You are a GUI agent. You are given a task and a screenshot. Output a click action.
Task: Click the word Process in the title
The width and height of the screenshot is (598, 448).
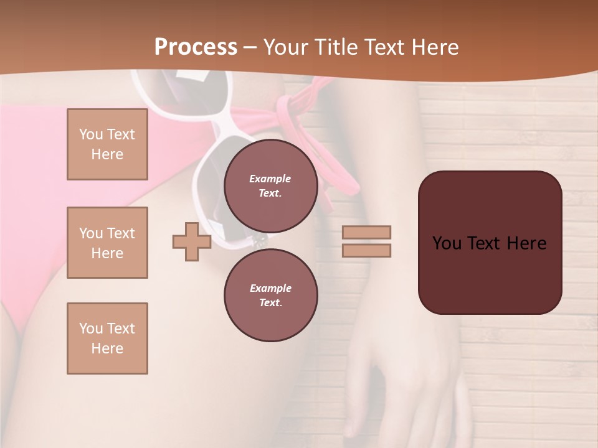(x=196, y=47)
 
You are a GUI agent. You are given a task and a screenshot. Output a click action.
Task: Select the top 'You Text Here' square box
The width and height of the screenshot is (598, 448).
(x=107, y=144)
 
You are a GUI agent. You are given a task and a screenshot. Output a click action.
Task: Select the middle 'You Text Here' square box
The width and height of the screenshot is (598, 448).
(x=107, y=243)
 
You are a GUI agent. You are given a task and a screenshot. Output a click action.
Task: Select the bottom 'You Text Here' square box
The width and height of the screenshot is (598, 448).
(x=107, y=338)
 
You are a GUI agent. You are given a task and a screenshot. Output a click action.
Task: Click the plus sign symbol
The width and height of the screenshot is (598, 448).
(x=191, y=241)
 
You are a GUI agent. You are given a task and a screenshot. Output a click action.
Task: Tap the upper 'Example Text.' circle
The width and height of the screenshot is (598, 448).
(x=270, y=186)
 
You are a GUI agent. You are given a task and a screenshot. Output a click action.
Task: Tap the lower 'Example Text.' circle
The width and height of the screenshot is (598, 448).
(x=270, y=295)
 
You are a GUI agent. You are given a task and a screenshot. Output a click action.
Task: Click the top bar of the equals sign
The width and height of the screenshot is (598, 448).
(x=366, y=232)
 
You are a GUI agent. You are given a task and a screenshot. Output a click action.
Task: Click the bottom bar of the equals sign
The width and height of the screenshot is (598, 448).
(x=366, y=250)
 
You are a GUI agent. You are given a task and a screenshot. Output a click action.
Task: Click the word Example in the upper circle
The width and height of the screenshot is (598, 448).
(x=270, y=179)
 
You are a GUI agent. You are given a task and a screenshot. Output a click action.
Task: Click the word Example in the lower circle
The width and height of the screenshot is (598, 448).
(x=270, y=288)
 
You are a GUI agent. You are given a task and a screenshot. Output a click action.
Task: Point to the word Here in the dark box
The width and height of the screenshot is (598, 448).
(x=526, y=243)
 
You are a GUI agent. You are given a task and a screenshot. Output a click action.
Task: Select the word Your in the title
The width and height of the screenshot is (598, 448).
(x=285, y=47)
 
